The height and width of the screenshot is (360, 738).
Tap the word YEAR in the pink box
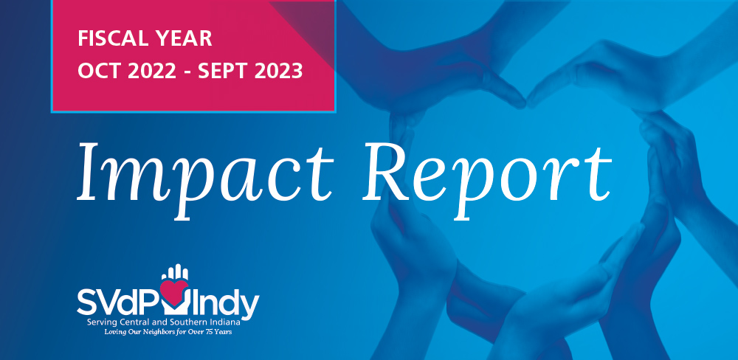tap(185, 38)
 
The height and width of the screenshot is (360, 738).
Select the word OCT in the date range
tap(97, 71)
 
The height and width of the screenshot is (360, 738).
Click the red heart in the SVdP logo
tap(174, 290)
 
